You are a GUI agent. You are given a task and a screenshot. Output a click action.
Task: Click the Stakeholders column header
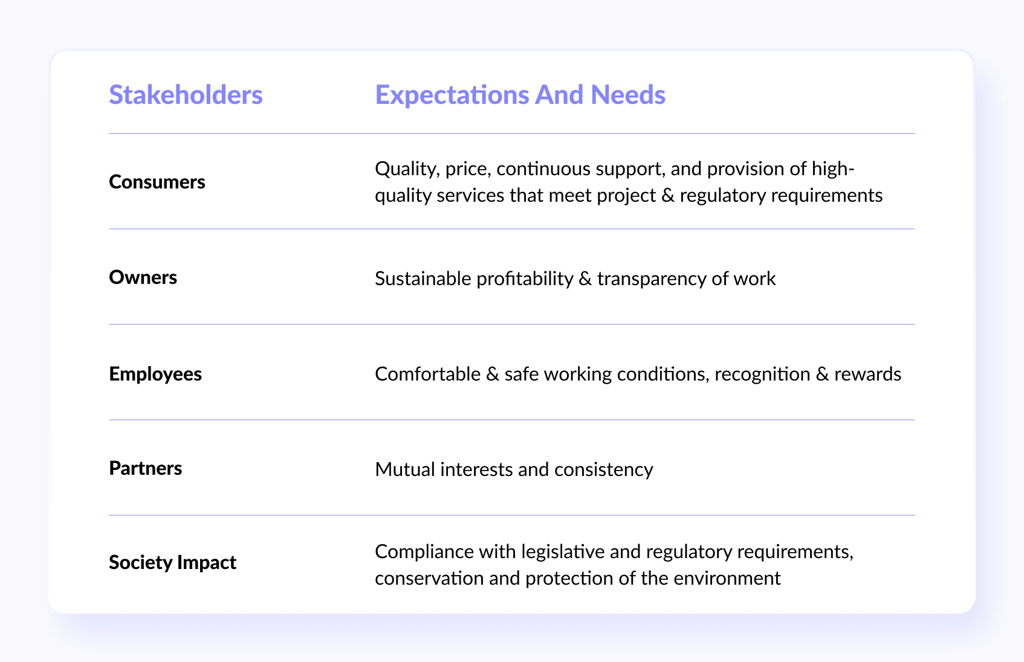186,95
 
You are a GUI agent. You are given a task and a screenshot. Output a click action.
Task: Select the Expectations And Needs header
520,95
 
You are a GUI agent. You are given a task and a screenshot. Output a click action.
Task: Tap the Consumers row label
157,182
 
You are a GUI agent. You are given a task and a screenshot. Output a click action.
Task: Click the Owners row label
143,277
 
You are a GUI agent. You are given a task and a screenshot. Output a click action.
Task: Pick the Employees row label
155,374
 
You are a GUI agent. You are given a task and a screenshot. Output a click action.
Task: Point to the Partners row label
145,468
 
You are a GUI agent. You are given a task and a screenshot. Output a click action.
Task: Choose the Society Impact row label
172,562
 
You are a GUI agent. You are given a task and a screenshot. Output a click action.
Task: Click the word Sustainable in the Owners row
423,278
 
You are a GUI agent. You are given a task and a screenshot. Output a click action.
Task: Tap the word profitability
525,279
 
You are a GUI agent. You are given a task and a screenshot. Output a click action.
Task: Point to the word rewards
867,374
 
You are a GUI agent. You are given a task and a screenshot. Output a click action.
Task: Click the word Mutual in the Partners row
405,470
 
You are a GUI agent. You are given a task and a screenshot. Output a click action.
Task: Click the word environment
727,579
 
